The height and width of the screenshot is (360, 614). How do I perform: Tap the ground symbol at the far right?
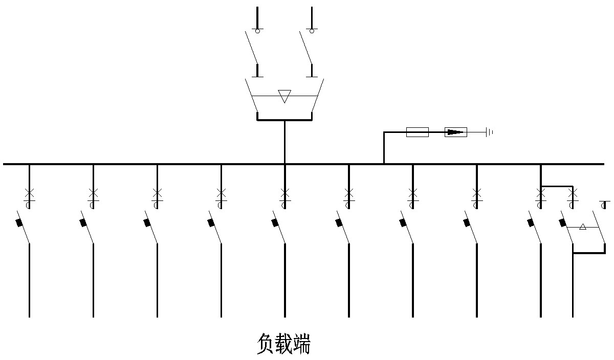490,132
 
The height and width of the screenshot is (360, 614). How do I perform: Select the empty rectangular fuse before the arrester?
417,132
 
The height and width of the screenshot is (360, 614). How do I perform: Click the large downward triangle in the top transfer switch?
284,96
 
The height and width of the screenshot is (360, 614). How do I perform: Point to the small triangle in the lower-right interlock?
582,227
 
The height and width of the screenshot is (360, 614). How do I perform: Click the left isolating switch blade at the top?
251,46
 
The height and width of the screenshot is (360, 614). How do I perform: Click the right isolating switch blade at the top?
305,46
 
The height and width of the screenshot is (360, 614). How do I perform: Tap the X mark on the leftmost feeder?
29,193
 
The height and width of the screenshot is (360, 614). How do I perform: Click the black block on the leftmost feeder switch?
20,222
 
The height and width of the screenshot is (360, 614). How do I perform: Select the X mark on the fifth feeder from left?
285,193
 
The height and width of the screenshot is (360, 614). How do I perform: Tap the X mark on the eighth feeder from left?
477,193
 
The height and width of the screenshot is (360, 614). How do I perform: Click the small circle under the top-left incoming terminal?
257,31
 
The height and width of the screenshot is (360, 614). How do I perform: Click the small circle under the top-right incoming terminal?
312,31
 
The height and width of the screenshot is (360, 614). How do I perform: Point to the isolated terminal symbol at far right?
604,205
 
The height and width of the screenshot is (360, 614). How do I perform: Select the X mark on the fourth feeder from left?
221,193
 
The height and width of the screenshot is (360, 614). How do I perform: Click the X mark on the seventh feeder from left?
413,193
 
